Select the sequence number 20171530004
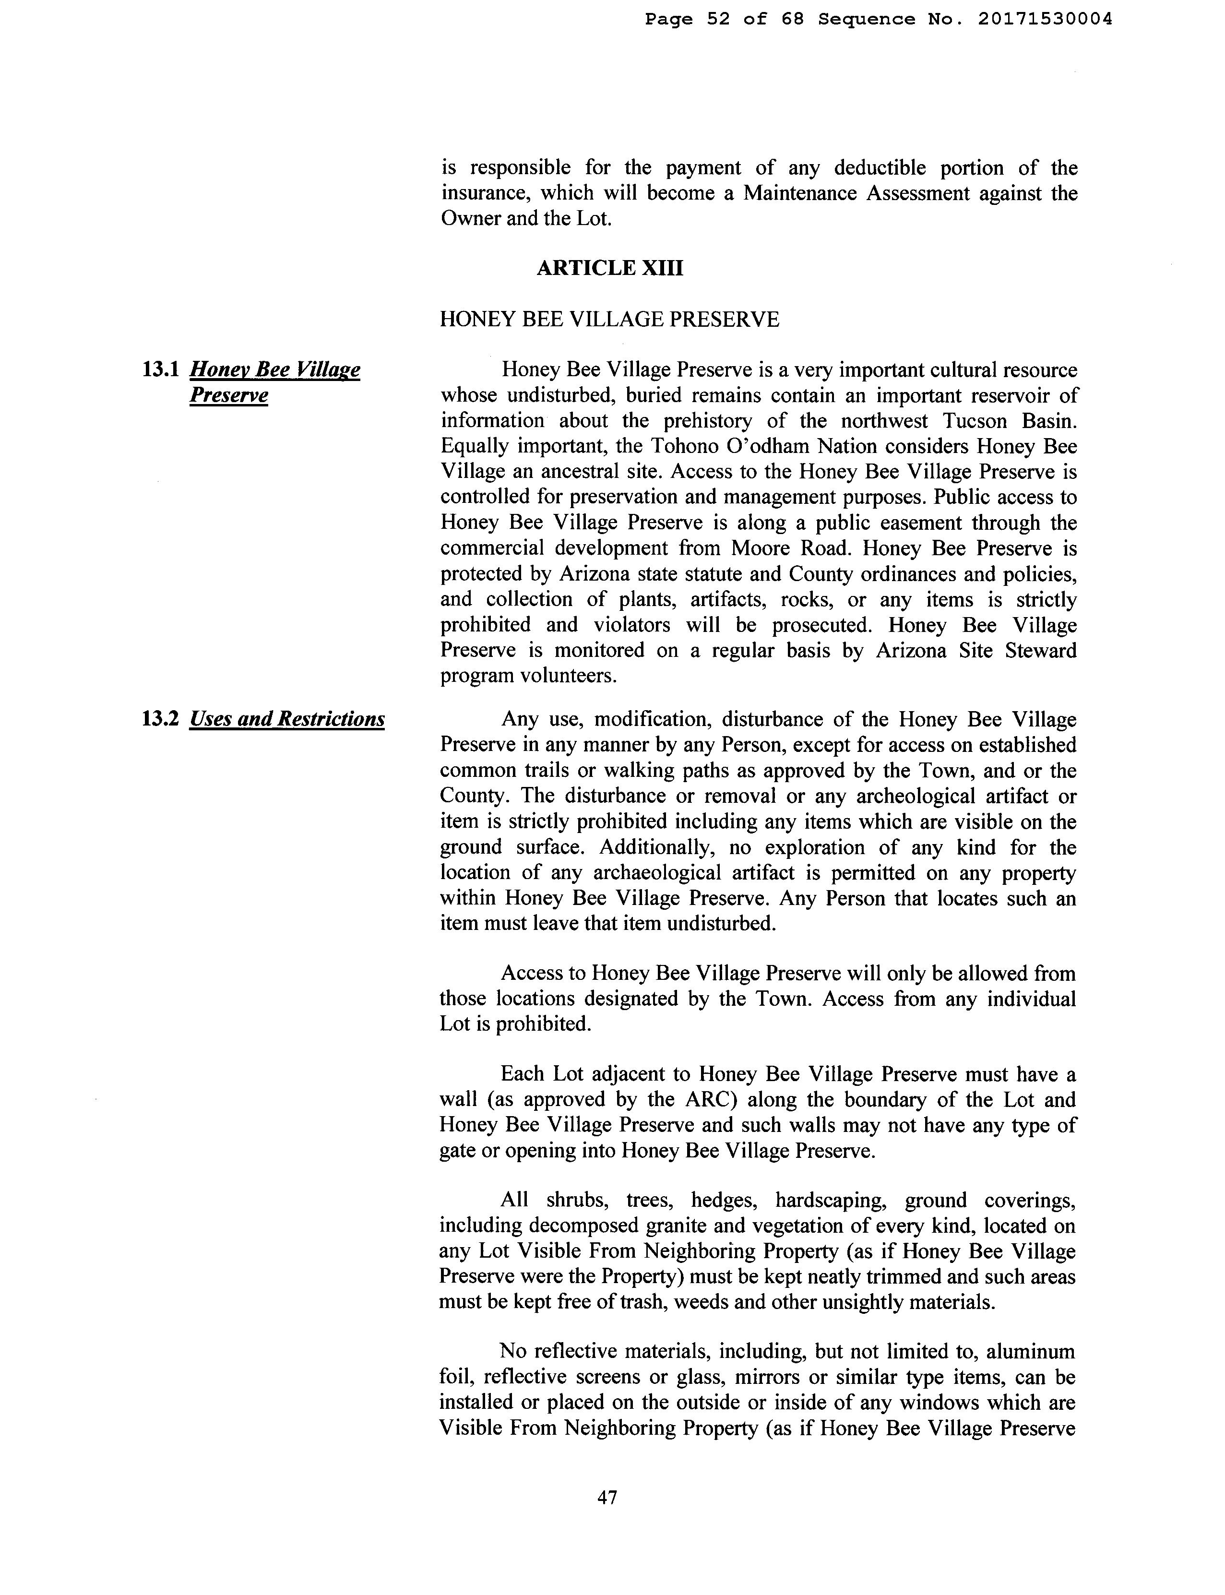(1045, 20)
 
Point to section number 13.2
(160, 719)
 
